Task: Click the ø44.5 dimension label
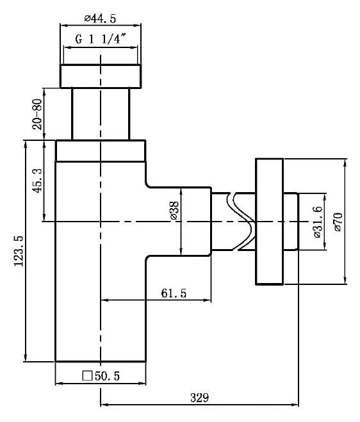click(100, 19)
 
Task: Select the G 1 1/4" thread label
click(101, 39)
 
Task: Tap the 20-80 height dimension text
click(37, 114)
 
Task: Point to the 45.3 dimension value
click(37, 181)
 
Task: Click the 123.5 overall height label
click(19, 251)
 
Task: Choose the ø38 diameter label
click(175, 211)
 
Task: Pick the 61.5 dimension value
click(174, 293)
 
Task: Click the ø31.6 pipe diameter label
click(318, 222)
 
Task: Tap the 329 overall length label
click(199, 398)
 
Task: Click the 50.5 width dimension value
click(107, 376)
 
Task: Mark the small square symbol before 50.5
click(87, 376)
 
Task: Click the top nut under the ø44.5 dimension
click(101, 76)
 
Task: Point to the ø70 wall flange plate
click(269, 222)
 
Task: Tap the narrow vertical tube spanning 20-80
click(101, 114)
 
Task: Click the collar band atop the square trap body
click(101, 150)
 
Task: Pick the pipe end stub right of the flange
click(291, 221)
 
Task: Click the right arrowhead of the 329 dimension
click(296, 405)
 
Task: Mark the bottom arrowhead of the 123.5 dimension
click(26, 359)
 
